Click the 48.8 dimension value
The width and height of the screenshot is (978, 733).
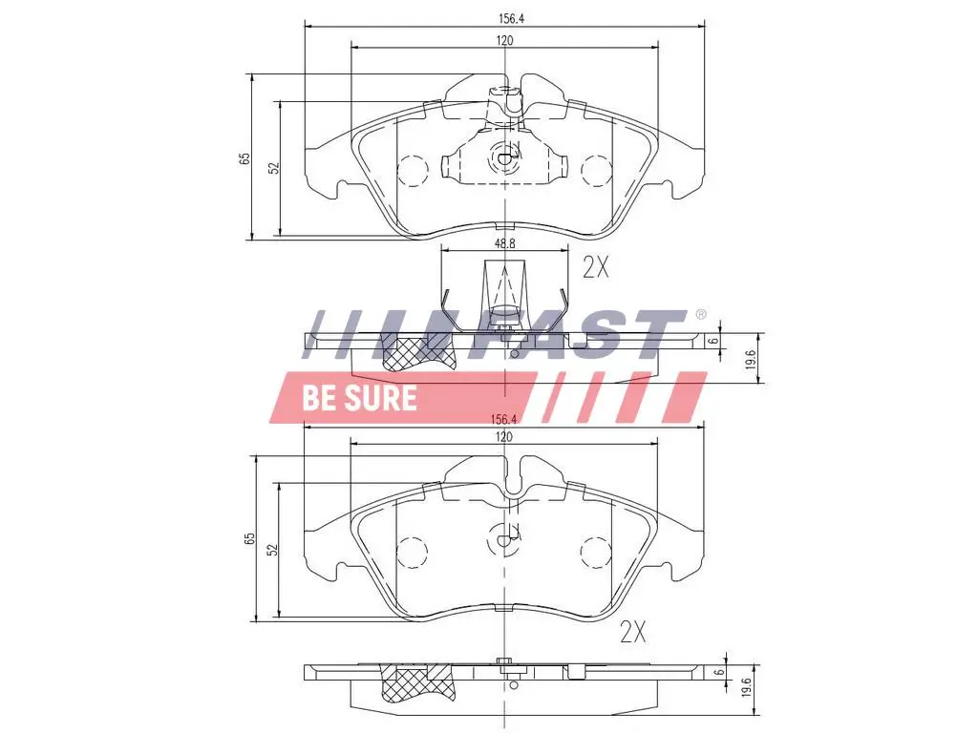coord(504,243)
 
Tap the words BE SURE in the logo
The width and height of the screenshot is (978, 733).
coord(359,397)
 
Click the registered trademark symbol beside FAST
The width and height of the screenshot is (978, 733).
coord(700,315)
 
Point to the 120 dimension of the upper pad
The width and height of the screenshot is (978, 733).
coord(504,39)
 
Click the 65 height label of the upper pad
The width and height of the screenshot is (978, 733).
coord(244,157)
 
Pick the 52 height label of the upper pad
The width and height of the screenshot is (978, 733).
coord(273,167)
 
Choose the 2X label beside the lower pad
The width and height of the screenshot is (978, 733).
coord(633,631)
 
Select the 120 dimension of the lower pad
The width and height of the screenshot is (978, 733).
coord(504,436)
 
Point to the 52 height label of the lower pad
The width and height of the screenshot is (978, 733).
coord(272,550)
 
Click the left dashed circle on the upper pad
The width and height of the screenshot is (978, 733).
coord(413,170)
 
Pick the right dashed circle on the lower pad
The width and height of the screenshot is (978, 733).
coord(596,552)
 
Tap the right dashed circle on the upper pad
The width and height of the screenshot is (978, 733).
coord(596,170)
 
